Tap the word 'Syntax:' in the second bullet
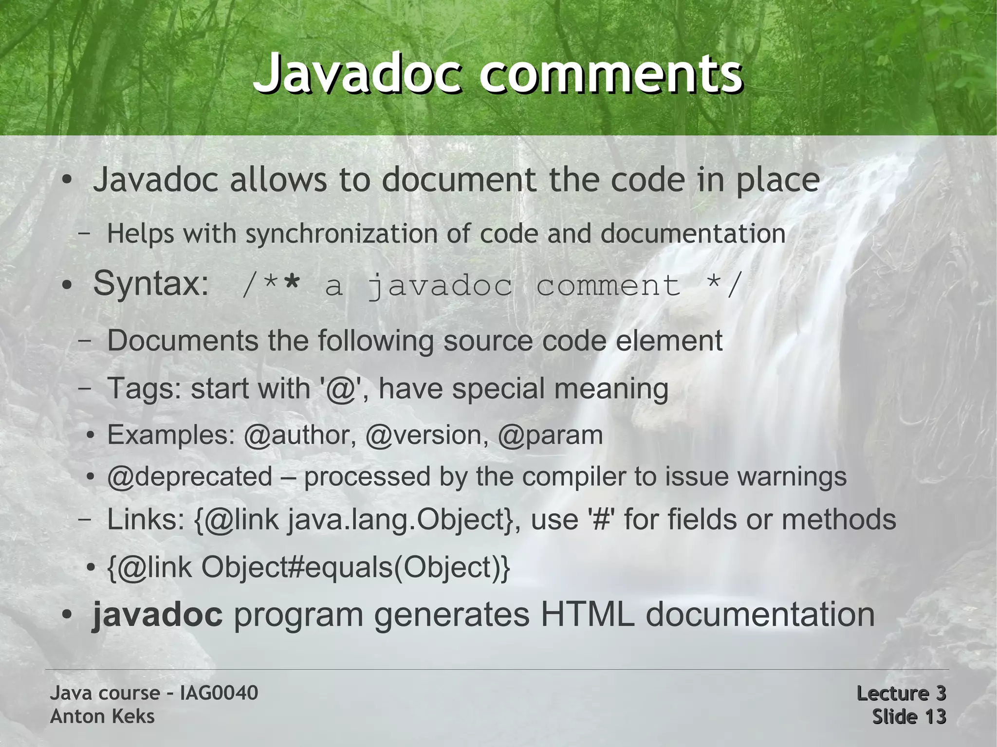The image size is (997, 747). point(151,283)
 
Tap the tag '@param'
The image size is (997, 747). point(550,435)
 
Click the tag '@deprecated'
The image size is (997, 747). point(190,477)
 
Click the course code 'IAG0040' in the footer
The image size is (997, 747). point(219,693)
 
